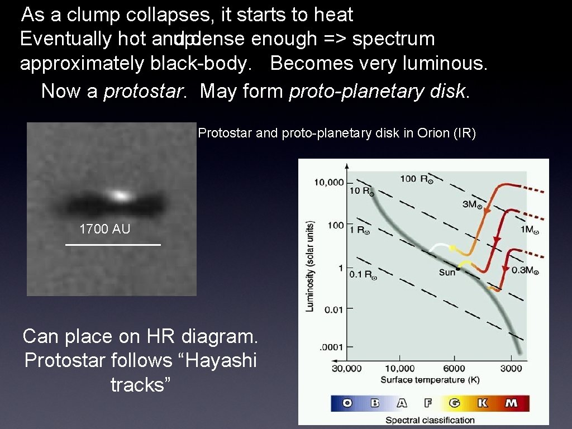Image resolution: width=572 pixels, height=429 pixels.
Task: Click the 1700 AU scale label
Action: click(x=105, y=228)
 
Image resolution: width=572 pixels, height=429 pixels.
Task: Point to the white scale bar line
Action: click(x=113, y=245)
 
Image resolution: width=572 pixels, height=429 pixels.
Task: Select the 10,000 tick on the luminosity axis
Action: click(x=328, y=183)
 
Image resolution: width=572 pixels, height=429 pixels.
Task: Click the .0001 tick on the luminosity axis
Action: click(x=331, y=347)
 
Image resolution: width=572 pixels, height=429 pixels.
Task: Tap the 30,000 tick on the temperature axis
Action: click(x=346, y=368)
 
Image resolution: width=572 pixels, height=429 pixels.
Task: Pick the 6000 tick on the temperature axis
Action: click(x=454, y=368)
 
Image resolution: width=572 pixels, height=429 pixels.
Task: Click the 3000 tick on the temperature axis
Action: click(x=511, y=368)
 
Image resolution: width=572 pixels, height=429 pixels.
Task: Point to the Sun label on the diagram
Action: click(x=447, y=272)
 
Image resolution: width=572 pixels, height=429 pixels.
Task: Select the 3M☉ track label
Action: click(x=473, y=204)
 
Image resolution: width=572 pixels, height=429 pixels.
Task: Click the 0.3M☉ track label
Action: click(x=525, y=271)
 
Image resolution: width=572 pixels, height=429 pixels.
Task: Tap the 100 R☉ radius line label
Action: click(x=416, y=179)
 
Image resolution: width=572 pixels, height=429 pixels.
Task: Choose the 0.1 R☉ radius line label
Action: click(x=363, y=274)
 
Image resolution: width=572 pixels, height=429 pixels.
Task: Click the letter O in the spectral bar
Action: click(x=347, y=403)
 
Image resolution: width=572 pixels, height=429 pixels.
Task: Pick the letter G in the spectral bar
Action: click(x=455, y=403)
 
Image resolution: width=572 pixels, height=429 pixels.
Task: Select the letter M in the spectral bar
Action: click(x=511, y=403)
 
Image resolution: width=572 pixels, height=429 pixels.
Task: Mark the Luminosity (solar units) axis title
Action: click(x=310, y=265)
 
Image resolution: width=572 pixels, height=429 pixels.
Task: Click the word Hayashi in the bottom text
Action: click(x=213, y=360)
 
